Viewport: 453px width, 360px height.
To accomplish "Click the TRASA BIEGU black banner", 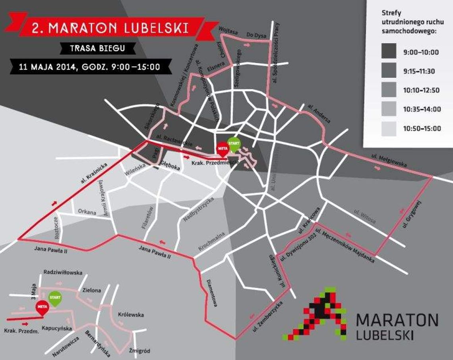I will [97, 48].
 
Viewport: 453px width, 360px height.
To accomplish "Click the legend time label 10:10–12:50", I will [421, 90].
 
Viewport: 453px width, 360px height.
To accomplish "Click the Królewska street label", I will [131, 315].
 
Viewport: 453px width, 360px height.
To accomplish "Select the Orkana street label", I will [87, 212].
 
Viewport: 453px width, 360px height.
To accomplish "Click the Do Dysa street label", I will [256, 35].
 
